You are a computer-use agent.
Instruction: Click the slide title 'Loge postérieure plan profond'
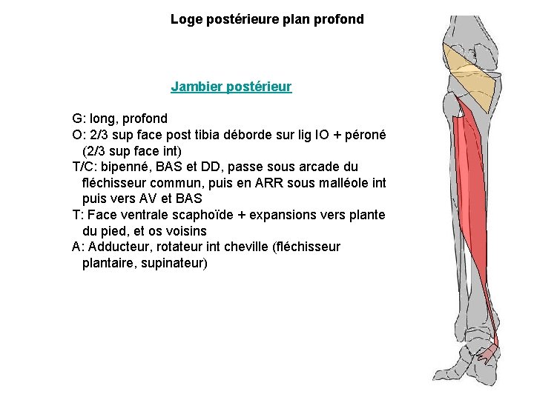pyautogui.click(x=267, y=19)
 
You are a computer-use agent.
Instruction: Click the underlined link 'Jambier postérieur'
pyautogui.click(x=231, y=87)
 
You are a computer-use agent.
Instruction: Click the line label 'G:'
pyautogui.click(x=79, y=119)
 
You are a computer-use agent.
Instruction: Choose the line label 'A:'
pyautogui.click(x=78, y=247)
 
